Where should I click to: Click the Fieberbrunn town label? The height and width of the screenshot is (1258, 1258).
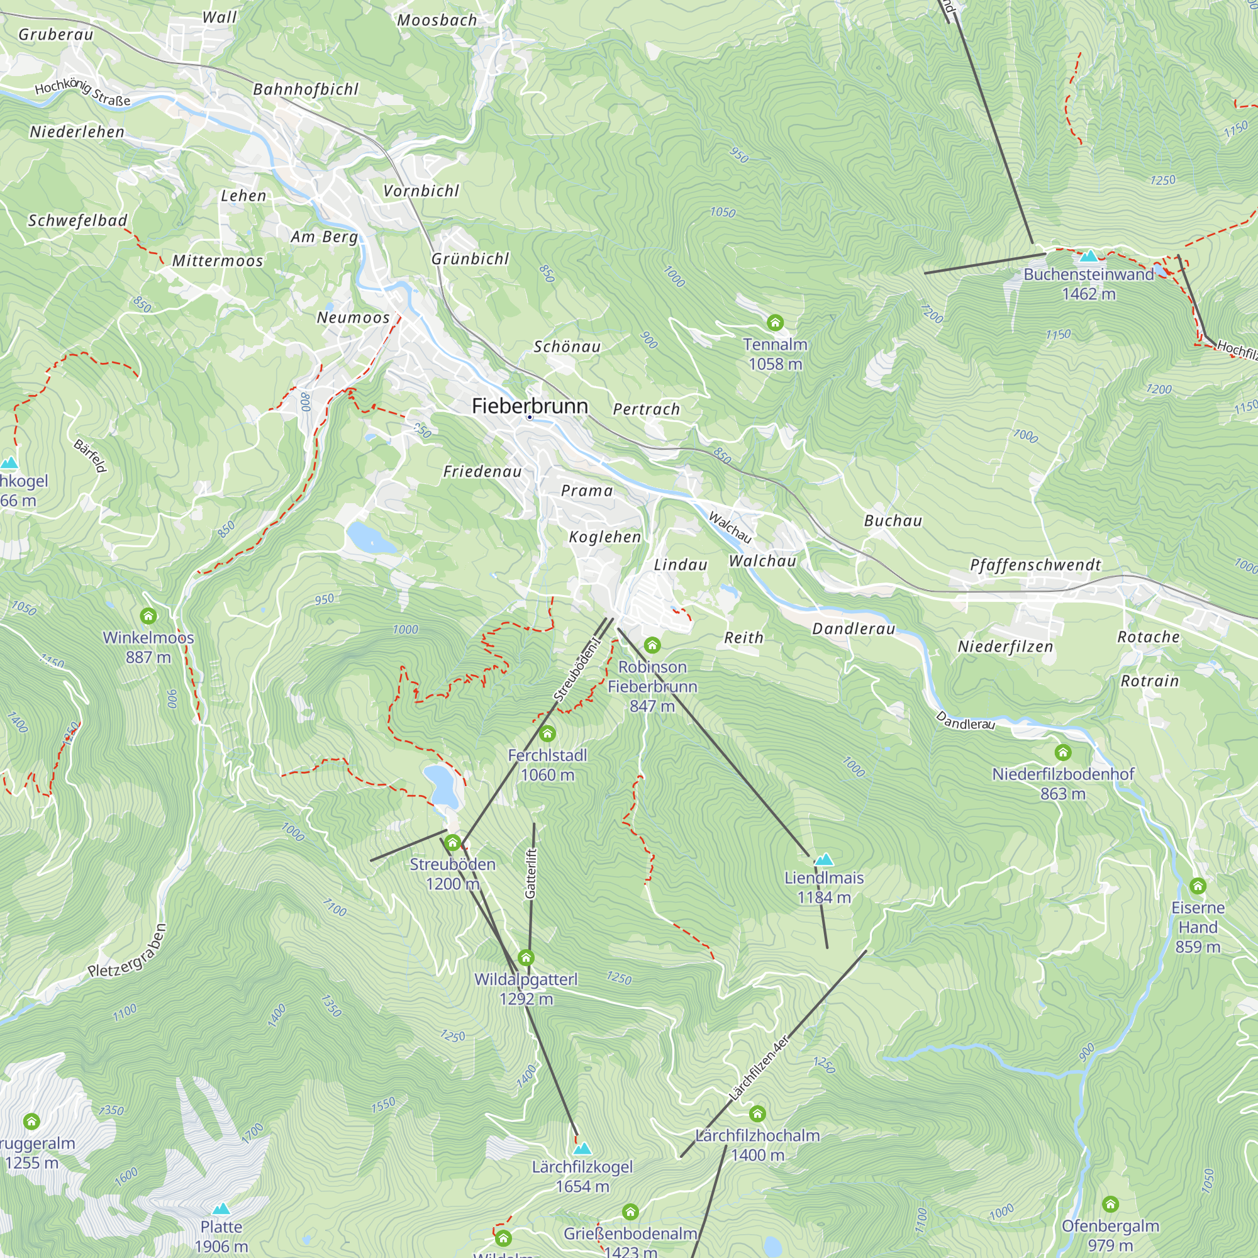coord(530,406)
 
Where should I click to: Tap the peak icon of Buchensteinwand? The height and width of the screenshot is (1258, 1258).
coord(1089,256)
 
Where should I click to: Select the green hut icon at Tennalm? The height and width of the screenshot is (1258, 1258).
coord(775,322)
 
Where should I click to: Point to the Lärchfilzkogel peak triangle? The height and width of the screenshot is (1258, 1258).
coord(582,1148)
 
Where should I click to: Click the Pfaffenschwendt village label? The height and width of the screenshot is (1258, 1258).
coord(1035,565)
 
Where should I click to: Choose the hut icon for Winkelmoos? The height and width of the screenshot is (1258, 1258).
coord(148,615)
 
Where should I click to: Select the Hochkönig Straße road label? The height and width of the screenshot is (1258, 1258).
coord(82,93)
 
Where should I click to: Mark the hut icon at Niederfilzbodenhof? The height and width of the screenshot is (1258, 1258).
coord(1062,753)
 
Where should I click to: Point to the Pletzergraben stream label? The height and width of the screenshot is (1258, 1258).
coord(128,951)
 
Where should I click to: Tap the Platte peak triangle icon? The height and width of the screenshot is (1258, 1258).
coord(221,1208)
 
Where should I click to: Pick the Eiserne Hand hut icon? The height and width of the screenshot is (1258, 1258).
coord(1198,886)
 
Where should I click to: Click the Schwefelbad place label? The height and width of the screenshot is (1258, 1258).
coord(77,221)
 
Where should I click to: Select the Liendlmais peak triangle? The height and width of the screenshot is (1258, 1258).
coord(825,859)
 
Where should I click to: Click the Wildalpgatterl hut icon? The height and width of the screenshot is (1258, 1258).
coord(526,957)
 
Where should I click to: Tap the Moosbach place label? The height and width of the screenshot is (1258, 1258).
coord(437,20)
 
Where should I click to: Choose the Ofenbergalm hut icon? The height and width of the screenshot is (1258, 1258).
coord(1110,1204)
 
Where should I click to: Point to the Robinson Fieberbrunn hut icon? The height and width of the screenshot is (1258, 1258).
coord(652,645)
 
